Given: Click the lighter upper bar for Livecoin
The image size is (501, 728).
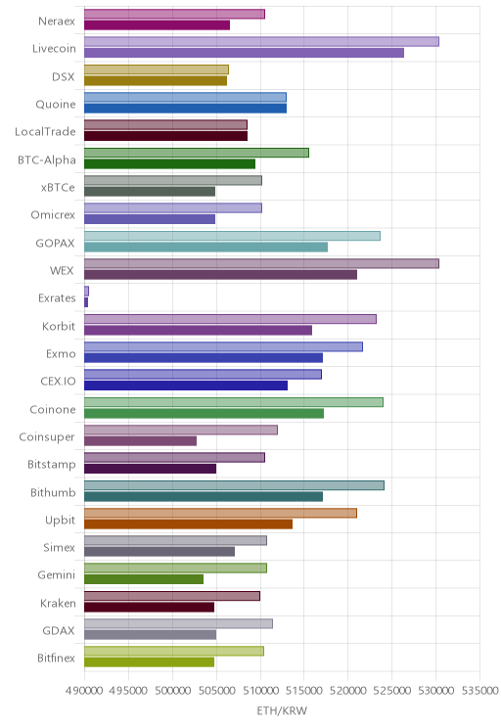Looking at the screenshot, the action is (x=261, y=42).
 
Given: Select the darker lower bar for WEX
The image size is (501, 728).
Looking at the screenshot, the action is (x=220, y=275).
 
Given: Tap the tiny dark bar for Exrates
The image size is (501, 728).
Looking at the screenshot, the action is (x=86, y=302).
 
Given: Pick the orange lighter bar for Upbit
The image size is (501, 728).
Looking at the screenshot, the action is (x=220, y=513).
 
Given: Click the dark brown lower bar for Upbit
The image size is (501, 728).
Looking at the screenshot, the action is (x=188, y=524).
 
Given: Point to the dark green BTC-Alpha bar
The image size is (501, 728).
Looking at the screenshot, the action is (x=169, y=163).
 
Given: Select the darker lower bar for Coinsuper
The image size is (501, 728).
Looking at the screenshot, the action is (x=140, y=441).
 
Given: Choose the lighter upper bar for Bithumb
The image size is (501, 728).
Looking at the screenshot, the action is (x=234, y=485).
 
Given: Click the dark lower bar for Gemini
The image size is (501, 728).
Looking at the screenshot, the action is (x=144, y=579).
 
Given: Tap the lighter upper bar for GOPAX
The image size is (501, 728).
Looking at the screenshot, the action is (x=232, y=236).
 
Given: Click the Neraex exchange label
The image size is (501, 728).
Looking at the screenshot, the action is (x=57, y=22).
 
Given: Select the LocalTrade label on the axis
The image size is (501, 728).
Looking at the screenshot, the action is (x=45, y=132).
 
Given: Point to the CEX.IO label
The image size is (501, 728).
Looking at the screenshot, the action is (x=58, y=382).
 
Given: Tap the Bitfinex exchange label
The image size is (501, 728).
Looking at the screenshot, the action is (x=56, y=658).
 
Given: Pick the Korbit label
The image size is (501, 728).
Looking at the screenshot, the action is (x=59, y=326).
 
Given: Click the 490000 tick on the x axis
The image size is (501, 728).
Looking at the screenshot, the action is (x=84, y=691).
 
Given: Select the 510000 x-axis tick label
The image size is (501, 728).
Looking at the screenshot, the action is (x=260, y=691).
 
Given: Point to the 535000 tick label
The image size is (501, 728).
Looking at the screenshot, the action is (x=479, y=691).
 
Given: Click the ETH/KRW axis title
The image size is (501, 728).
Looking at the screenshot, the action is (x=282, y=710).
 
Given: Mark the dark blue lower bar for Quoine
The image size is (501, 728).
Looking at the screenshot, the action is (x=185, y=109).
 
